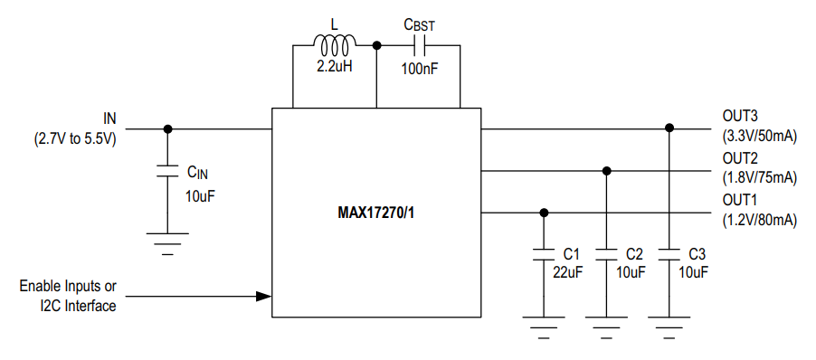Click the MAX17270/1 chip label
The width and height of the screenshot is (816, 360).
pos(376,214)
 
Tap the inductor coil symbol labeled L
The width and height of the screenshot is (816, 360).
pos(334,43)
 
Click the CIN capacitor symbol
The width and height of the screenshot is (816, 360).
pos(167,172)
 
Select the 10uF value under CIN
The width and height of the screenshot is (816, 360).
pos(201,194)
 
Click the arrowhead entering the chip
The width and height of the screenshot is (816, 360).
pos(263,296)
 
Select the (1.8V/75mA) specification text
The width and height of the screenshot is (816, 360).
pos(759,178)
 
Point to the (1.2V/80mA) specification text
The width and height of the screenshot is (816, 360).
pos(759,220)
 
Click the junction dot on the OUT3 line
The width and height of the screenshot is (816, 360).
pos(669,128)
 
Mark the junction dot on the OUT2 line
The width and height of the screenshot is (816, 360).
pos(607,170)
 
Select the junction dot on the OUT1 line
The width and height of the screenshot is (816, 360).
pos(544,213)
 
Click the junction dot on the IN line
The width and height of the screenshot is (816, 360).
pos(167,128)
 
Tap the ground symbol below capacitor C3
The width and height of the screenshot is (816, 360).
pos(669,323)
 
